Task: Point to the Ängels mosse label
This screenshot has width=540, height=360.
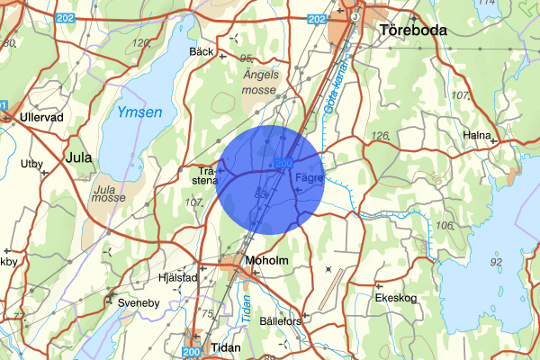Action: pos(262,84)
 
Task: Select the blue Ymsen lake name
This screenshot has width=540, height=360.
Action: pos(139,112)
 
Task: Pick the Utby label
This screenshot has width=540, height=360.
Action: pos(31,164)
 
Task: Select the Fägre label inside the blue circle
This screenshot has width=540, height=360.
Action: pos(308,178)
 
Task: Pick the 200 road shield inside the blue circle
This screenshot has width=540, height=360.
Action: pos(284,163)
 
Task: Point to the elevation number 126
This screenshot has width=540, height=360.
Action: pos(378,136)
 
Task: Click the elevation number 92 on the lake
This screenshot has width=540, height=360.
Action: pos(496,261)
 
